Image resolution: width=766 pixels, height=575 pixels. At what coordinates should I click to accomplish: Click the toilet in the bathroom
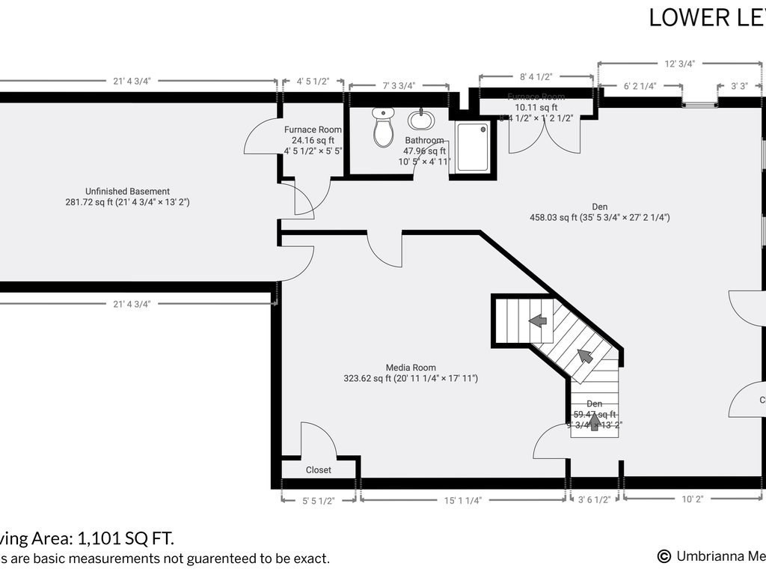click(383, 128)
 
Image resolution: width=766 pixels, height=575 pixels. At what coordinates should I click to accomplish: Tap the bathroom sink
click(420, 120)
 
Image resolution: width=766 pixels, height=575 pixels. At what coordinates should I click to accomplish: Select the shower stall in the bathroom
click(473, 147)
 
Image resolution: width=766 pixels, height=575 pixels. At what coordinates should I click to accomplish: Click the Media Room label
click(411, 368)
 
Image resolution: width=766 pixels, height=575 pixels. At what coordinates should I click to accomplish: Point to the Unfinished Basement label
click(126, 191)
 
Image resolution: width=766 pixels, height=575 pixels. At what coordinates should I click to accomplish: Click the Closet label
click(319, 470)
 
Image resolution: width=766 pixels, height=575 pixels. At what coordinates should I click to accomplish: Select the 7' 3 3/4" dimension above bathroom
click(399, 85)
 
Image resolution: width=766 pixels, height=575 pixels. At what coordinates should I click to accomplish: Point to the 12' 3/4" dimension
click(680, 64)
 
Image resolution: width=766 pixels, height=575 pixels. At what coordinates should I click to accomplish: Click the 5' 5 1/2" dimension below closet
click(319, 500)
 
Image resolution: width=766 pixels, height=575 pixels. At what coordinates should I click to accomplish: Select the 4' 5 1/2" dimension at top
click(313, 81)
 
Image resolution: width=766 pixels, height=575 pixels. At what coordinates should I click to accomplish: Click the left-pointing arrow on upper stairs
click(537, 320)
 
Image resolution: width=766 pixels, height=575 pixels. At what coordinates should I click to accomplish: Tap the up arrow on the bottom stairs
click(594, 422)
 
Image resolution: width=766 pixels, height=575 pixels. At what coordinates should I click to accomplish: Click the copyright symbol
click(664, 556)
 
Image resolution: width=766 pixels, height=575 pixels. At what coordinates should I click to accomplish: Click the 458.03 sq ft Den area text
click(599, 218)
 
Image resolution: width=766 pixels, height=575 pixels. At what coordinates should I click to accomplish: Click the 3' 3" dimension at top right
click(739, 85)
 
